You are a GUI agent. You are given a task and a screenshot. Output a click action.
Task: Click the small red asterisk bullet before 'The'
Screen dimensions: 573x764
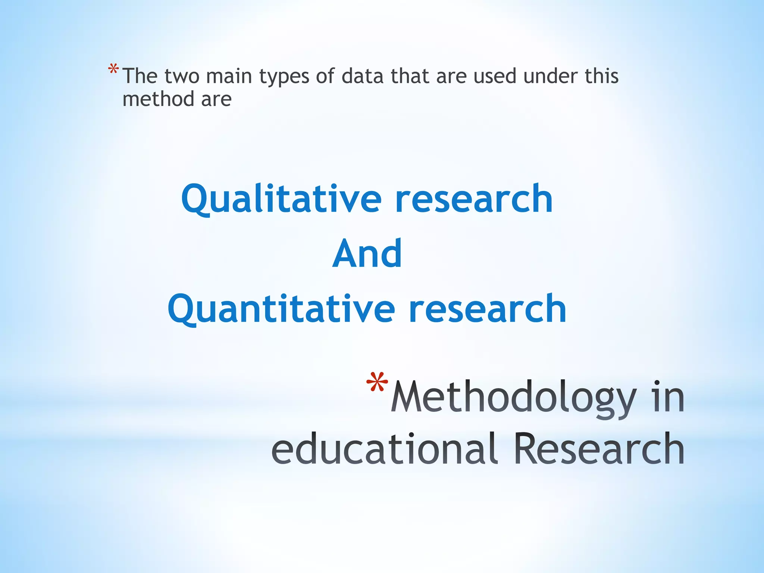tap(113, 70)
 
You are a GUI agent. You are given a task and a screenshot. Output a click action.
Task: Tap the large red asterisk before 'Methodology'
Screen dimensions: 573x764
tap(377, 383)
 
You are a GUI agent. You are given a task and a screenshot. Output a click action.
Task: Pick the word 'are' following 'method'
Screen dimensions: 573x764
tap(216, 100)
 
